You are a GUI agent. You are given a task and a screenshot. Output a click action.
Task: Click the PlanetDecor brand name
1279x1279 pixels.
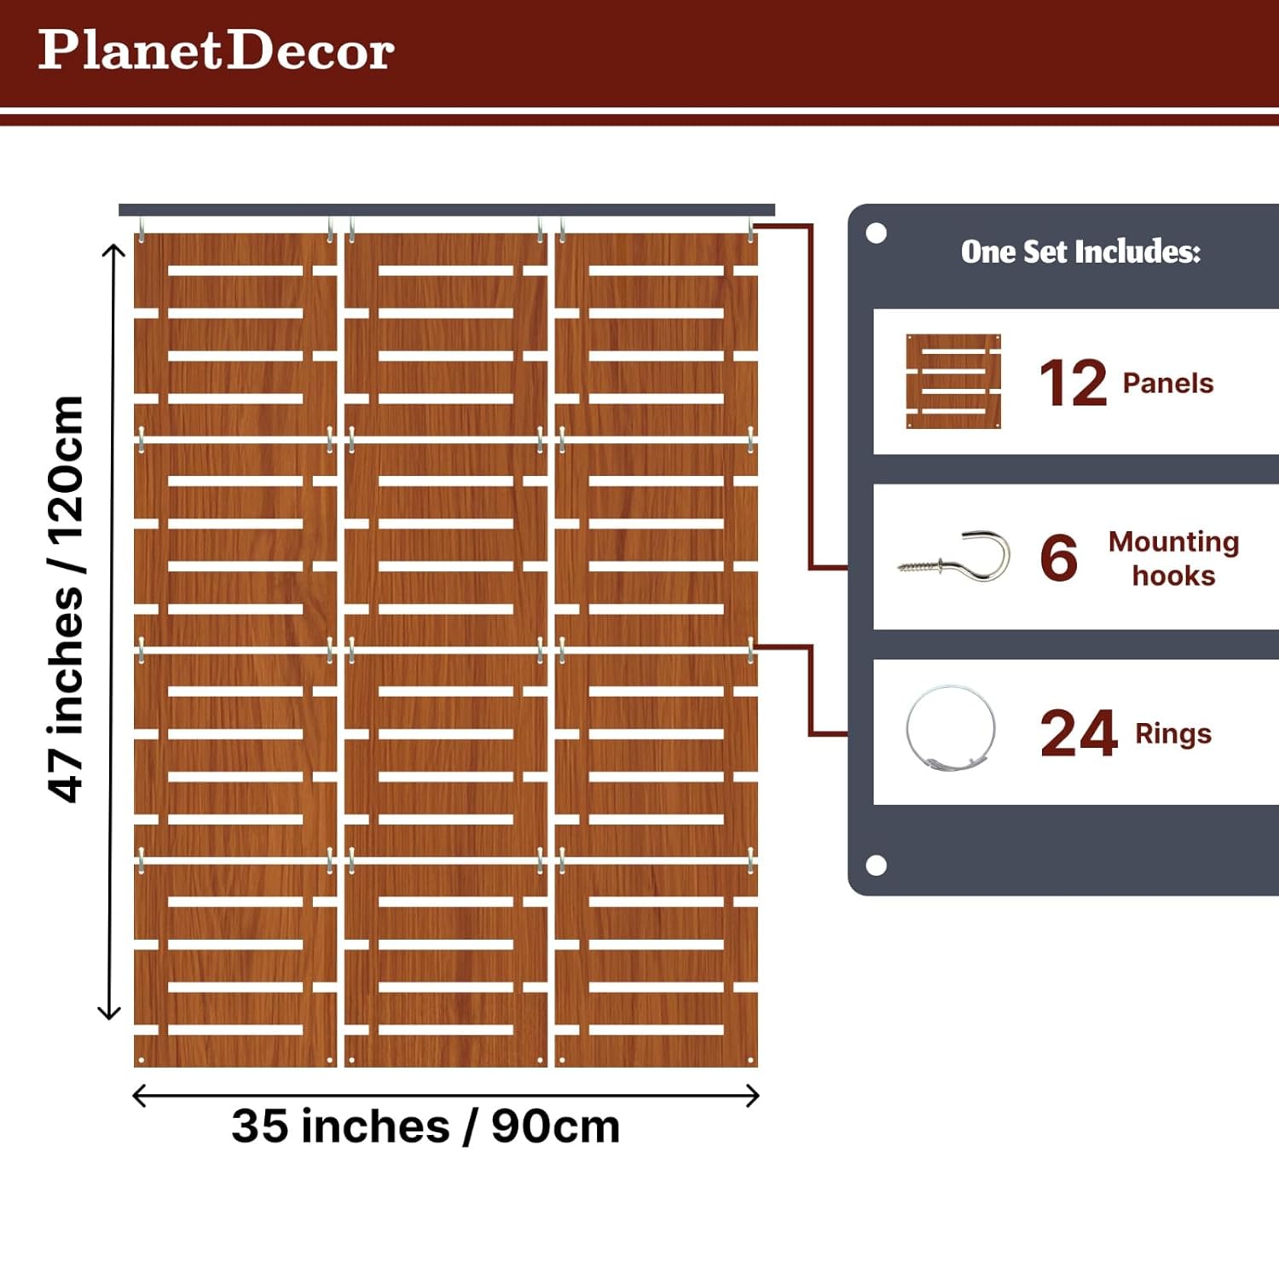216,50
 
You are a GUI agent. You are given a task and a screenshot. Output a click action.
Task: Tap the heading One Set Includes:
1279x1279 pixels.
1080,252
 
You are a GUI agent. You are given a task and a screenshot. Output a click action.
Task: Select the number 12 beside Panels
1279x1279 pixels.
1073,383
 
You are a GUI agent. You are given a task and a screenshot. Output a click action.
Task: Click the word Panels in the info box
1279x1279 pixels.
1167,384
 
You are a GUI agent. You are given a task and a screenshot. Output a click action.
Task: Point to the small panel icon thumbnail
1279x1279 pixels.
953,381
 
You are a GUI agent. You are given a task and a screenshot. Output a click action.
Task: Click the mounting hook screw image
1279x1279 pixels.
955,558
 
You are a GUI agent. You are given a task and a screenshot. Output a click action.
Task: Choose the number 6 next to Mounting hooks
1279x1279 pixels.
1058,558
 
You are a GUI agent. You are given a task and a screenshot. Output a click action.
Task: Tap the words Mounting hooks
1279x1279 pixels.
1173,558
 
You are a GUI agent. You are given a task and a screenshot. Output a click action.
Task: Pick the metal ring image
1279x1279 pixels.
951,730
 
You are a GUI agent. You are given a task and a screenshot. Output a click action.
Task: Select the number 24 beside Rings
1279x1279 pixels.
1078,733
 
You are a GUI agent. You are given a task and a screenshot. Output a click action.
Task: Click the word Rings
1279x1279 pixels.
1172,733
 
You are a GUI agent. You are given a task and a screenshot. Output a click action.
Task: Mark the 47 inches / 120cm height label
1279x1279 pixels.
66,599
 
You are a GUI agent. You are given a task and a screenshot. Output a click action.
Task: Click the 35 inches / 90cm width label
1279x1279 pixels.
425,1126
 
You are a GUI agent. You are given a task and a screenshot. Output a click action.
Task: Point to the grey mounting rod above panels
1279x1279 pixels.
446,210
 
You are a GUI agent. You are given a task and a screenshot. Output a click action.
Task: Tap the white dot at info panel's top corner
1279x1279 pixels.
876,234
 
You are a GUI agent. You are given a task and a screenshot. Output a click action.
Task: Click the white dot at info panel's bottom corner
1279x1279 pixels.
876,865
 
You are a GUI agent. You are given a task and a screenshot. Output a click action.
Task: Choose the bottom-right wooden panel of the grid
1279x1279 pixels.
656,964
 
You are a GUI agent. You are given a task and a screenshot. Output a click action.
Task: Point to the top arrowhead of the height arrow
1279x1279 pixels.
113,250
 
